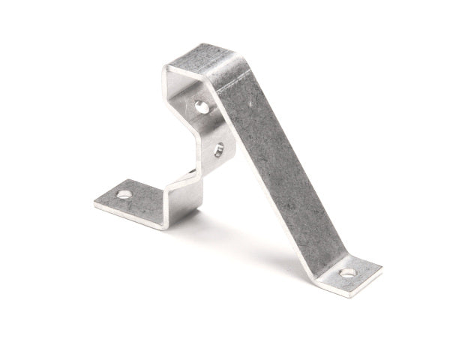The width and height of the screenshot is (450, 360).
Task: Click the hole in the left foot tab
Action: [x=124, y=194]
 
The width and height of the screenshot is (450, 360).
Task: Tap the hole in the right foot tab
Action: [x=348, y=272]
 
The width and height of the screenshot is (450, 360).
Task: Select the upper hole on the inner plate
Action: [x=202, y=107]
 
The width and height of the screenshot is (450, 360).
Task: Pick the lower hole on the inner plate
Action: [x=218, y=149]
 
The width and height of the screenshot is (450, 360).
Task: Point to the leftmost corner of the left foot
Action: [x=94, y=202]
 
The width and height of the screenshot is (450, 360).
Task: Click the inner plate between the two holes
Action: [x=211, y=129]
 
